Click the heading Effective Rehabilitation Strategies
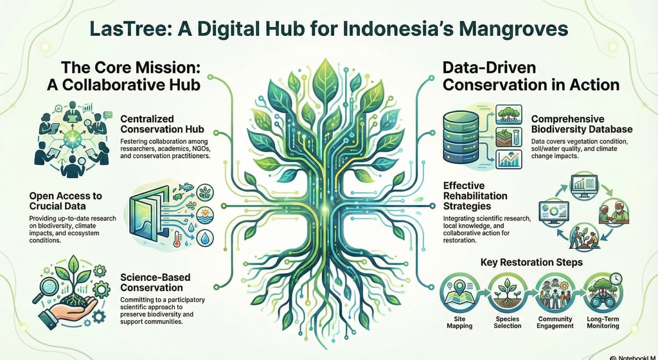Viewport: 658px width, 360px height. click(476, 195)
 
